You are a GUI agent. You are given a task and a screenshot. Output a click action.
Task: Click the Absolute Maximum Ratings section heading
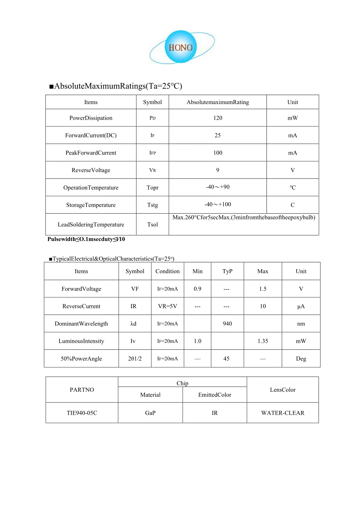[x=116, y=86]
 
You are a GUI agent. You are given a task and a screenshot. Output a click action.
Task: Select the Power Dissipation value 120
[x=218, y=118]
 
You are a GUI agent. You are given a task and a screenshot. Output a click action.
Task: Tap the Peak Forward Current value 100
[x=218, y=153]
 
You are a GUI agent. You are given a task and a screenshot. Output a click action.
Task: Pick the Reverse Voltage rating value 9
[x=218, y=170]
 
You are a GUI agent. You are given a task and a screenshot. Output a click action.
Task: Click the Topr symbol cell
[x=153, y=188]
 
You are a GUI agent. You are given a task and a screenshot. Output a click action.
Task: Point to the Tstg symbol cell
[x=153, y=205]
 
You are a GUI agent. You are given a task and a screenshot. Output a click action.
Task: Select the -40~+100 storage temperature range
[x=218, y=205]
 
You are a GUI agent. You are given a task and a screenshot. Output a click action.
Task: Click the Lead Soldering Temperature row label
[x=91, y=225]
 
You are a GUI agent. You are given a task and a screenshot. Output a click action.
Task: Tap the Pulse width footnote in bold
[x=86, y=239]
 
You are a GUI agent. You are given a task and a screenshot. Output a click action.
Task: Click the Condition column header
[x=167, y=272]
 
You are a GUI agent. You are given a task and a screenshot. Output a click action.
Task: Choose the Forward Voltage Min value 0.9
[x=198, y=289]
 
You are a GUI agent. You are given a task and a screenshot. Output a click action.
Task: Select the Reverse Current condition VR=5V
[x=167, y=306]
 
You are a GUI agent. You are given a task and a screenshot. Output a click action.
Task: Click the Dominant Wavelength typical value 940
[x=227, y=324]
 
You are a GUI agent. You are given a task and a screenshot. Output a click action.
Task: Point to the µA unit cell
[x=301, y=306]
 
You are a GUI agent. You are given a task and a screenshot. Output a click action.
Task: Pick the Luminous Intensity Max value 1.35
[x=263, y=341]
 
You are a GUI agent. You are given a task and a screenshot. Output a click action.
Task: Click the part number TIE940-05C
[x=82, y=413]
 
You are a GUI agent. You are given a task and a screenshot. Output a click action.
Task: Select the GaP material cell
[x=150, y=413]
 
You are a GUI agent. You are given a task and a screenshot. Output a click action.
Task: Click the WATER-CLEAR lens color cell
[x=283, y=413]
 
